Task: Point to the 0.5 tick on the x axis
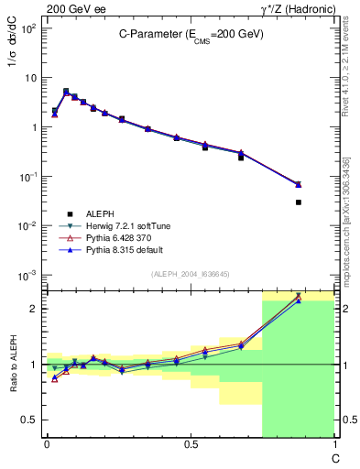pyautogui.click(x=191, y=444)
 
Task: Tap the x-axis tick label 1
pyautogui.click(x=334, y=444)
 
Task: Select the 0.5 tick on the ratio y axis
pyautogui.click(x=29, y=420)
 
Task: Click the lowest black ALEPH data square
pyautogui.click(x=299, y=202)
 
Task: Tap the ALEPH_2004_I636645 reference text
pyautogui.click(x=190, y=275)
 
